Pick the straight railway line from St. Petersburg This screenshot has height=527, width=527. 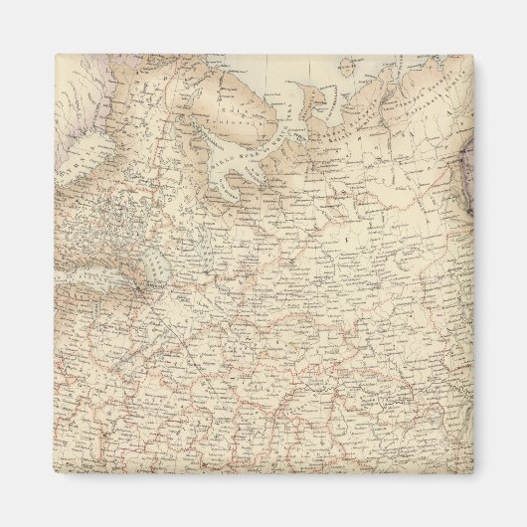pyautogui.click(x=169, y=328)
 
